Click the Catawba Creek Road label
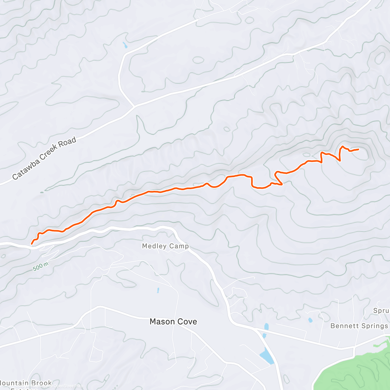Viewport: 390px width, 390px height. tap(44, 158)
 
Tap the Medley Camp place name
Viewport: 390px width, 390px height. tap(165, 246)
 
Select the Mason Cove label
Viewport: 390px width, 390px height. tap(173, 322)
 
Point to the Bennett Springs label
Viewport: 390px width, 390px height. tap(359, 326)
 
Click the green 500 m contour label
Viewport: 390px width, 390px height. tap(41, 267)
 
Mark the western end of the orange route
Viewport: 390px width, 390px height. tap(32, 243)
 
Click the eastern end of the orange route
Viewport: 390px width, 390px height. tap(358, 149)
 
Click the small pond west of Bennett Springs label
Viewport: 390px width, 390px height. tap(310, 320)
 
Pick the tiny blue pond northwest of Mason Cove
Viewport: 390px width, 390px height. tap(158, 290)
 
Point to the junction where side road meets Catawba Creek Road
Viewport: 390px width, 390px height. tap(134, 106)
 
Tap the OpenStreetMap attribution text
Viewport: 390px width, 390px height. tap(68, 386)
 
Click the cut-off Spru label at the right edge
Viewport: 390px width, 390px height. tap(381, 311)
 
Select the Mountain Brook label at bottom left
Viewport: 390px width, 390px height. tap(26, 383)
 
